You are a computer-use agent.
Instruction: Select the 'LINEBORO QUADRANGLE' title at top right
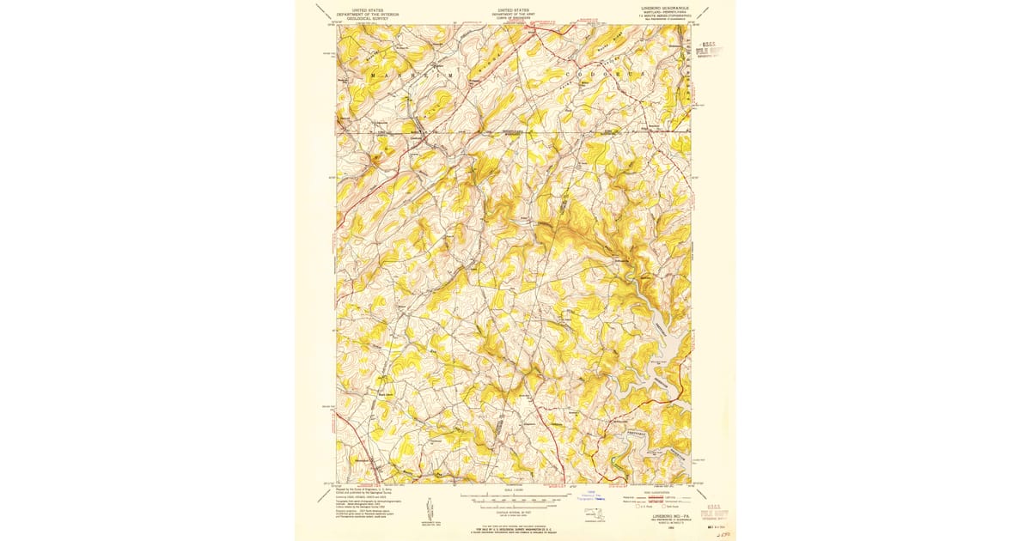pyautogui.click(x=667, y=9)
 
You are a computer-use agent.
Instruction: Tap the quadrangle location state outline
pyautogui.click(x=594, y=514)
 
